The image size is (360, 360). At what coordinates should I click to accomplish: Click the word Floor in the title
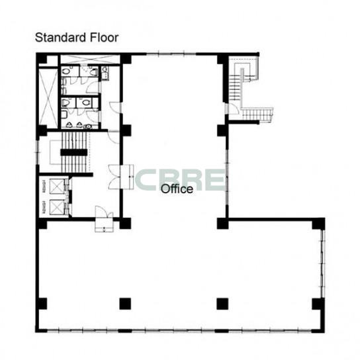coord(104,38)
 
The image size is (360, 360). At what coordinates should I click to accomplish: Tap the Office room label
coord(177,189)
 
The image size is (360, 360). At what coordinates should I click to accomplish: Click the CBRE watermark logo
coord(180,180)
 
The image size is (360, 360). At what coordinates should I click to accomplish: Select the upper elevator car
coord(57,186)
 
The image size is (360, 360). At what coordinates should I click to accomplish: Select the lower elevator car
coord(57,207)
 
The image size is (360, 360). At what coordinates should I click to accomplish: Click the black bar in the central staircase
coord(74,152)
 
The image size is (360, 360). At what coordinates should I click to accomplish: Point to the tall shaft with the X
coord(48,97)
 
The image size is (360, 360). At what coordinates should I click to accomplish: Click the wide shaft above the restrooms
coord(90,59)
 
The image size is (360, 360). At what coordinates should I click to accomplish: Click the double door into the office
coord(121,177)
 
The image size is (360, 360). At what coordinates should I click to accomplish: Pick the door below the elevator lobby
coord(105,219)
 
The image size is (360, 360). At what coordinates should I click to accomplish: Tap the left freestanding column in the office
coord(125,304)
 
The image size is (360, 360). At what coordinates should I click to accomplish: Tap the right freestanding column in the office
coord(222,304)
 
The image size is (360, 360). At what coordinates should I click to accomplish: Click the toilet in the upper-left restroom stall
coord(66,71)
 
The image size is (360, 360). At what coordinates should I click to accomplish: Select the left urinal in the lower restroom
coord(69,125)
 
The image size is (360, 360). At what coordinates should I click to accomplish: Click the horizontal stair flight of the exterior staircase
coord(257,114)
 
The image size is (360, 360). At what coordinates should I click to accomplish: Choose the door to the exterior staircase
coord(233,109)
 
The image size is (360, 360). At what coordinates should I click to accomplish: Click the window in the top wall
coord(171,54)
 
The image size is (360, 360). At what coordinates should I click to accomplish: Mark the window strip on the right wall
coord(323,263)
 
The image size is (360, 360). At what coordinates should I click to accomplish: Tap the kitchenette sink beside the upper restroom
coord(105,73)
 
